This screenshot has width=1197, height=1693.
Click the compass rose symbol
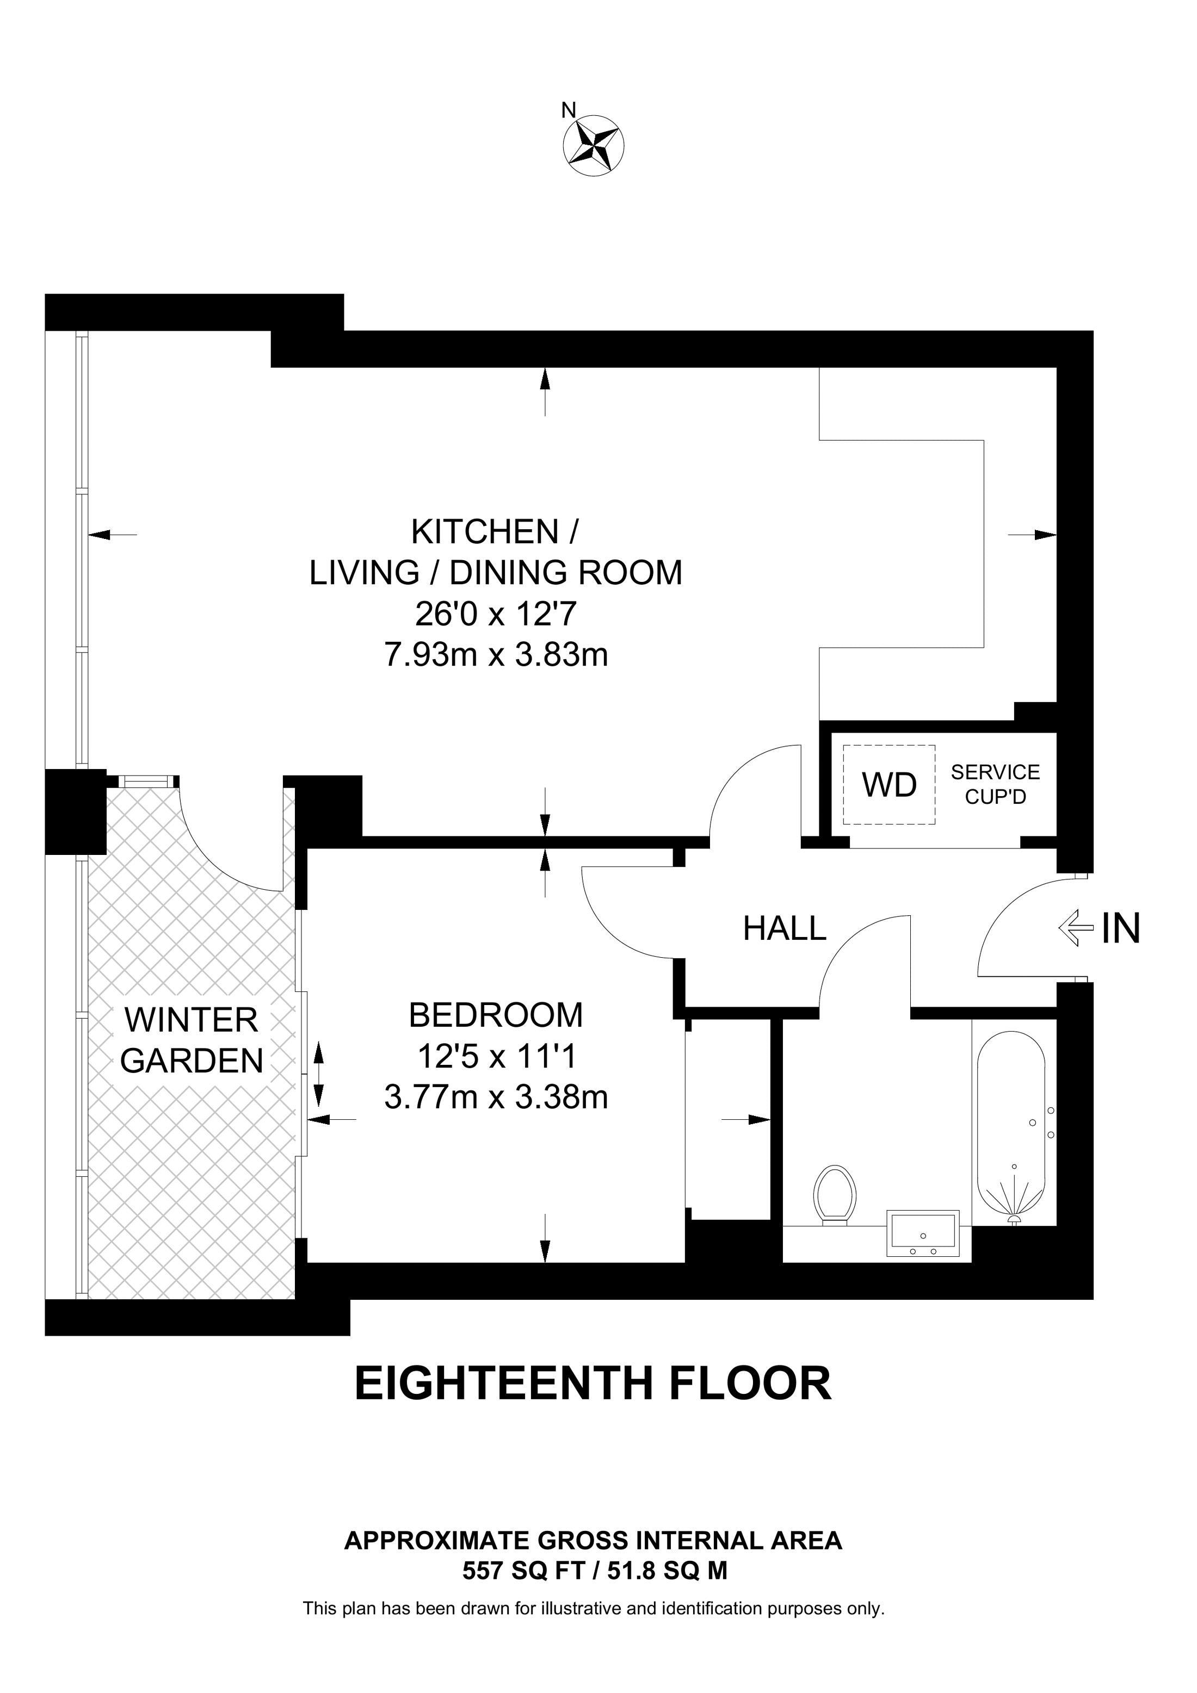tap(594, 145)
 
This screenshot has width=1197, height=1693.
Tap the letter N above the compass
tap(568, 110)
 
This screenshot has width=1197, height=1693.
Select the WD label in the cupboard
tap(890, 785)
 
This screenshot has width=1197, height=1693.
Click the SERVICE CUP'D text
tap(995, 785)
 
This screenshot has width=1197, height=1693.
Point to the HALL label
tap(784, 928)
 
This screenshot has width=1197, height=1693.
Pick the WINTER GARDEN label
tap(192, 1040)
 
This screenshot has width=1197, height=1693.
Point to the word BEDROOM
tap(496, 1015)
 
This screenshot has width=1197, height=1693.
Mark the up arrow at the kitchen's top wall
tap(545, 379)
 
